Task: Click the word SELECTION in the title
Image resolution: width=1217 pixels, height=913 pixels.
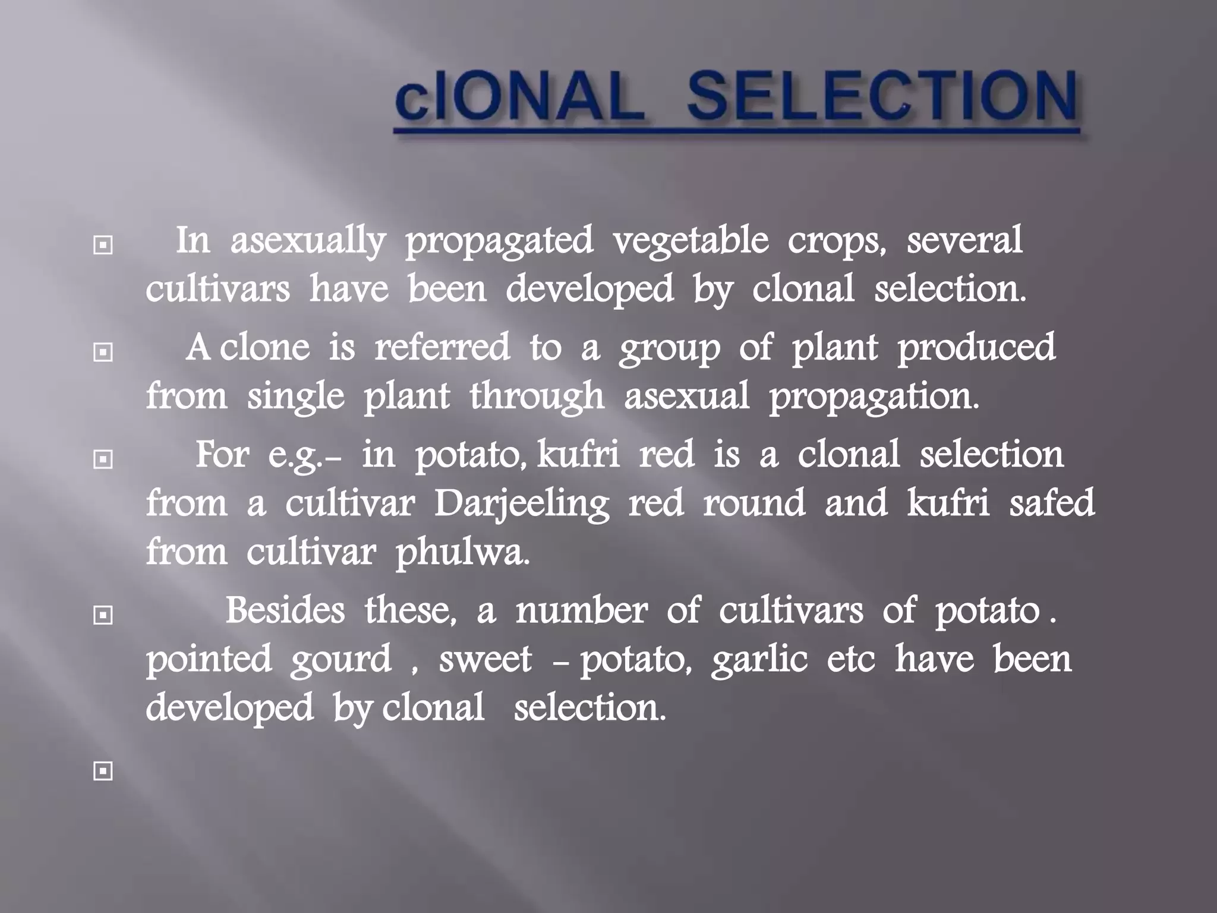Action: (882, 97)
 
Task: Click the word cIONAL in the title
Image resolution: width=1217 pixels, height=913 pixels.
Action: (520, 97)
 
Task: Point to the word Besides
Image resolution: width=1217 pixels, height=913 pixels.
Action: (285, 610)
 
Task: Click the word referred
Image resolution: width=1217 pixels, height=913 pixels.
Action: (442, 347)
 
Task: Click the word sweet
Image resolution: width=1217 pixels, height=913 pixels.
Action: (485, 660)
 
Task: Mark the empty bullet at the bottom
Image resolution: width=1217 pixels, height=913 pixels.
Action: (103, 772)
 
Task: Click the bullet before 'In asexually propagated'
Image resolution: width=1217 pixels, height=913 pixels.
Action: (103, 245)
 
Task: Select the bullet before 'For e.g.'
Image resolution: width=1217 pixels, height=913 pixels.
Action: (103, 459)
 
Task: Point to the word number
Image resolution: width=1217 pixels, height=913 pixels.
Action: (581, 610)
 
